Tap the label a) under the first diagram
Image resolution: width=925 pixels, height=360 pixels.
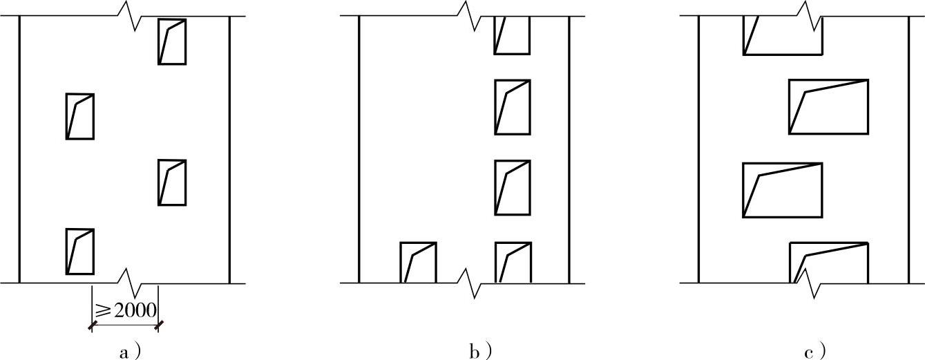(130, 352)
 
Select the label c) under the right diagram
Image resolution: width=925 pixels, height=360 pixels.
(815, 352)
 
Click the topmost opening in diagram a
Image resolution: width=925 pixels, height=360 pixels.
(172, 41)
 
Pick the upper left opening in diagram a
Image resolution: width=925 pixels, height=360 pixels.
(80, 116)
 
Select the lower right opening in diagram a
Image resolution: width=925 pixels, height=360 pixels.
(172, 182)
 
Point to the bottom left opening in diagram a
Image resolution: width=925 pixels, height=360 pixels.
(80, 251)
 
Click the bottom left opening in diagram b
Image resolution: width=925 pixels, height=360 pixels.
(418, 263)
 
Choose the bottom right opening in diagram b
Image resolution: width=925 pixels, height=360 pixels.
(513, 263)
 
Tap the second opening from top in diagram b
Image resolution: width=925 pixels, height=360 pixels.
(513, 107)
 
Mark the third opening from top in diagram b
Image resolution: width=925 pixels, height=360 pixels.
(513, 187)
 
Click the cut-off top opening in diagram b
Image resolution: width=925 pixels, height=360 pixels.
(512, 35)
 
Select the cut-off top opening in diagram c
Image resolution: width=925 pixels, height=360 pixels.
(783, 35)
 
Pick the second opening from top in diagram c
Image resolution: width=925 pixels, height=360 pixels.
(828, 106)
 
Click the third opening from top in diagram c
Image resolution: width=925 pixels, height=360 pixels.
(782, 190)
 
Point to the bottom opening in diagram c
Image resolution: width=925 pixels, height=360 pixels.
(829, 263)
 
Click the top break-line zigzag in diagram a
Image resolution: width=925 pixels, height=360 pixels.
(131, 16)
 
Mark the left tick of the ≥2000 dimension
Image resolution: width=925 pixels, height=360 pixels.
(92, 325)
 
